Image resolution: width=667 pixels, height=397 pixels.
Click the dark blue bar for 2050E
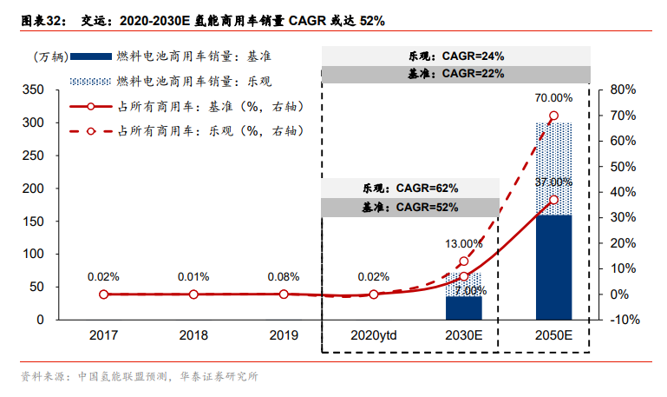coord(553,267)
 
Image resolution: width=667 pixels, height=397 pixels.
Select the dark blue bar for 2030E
coord(463,308)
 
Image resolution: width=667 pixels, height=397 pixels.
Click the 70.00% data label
coord(553,98)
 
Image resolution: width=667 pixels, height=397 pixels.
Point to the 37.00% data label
coord(553,182)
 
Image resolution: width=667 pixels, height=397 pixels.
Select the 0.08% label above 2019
coord(284,277)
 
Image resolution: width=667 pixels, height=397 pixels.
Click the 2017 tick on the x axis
coord(103,335)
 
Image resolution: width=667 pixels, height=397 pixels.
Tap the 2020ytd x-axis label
coord(373,335)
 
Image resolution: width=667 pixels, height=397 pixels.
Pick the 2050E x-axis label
coord(553,335)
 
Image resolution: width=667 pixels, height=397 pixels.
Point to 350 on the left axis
coord(32,89)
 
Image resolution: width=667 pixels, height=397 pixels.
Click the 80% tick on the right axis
coord(624,89)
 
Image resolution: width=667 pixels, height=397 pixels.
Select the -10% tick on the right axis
coord(624,320)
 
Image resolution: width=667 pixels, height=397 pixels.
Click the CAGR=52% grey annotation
coord(410,208)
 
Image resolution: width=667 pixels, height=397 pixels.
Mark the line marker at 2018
coord(193,294)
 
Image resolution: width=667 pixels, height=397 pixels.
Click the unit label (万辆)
coord(49,56)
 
